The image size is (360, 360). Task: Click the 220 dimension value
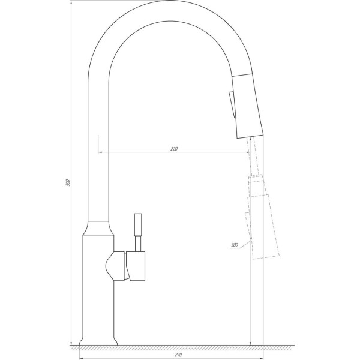coord(175,148)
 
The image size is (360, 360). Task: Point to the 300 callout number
coord(233,244)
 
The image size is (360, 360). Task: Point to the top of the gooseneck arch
coord(162,12)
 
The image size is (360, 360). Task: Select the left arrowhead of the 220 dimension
coord(100,152)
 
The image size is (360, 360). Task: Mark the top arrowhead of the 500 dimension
coord(71,4)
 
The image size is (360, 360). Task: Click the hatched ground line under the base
coord(180,347)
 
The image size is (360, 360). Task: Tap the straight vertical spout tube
coord(98,150)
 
